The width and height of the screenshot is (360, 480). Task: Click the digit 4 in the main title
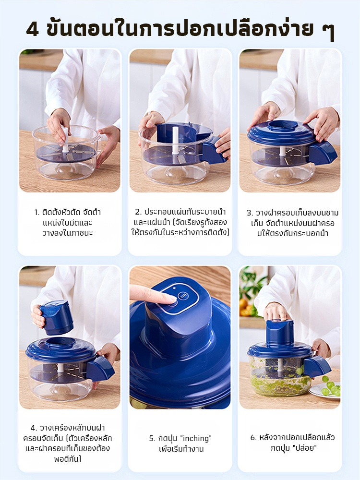coord(33,29)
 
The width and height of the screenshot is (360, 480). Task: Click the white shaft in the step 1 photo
coord(65,140)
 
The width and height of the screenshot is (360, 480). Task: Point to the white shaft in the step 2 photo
coord(175,140)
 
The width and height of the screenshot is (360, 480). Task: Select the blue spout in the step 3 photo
coord(323,153)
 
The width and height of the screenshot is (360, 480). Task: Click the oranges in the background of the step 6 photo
coord(245,308)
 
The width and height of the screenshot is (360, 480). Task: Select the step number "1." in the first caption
coord(37,212)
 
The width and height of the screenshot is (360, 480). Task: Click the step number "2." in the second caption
coord(138,212)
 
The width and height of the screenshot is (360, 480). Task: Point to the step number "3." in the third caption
coord(250,213)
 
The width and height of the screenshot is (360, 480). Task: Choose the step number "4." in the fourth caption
coord(34,428)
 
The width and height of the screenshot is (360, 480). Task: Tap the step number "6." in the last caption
coord(253,437)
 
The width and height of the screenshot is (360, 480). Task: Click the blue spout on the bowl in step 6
coord(317,367)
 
